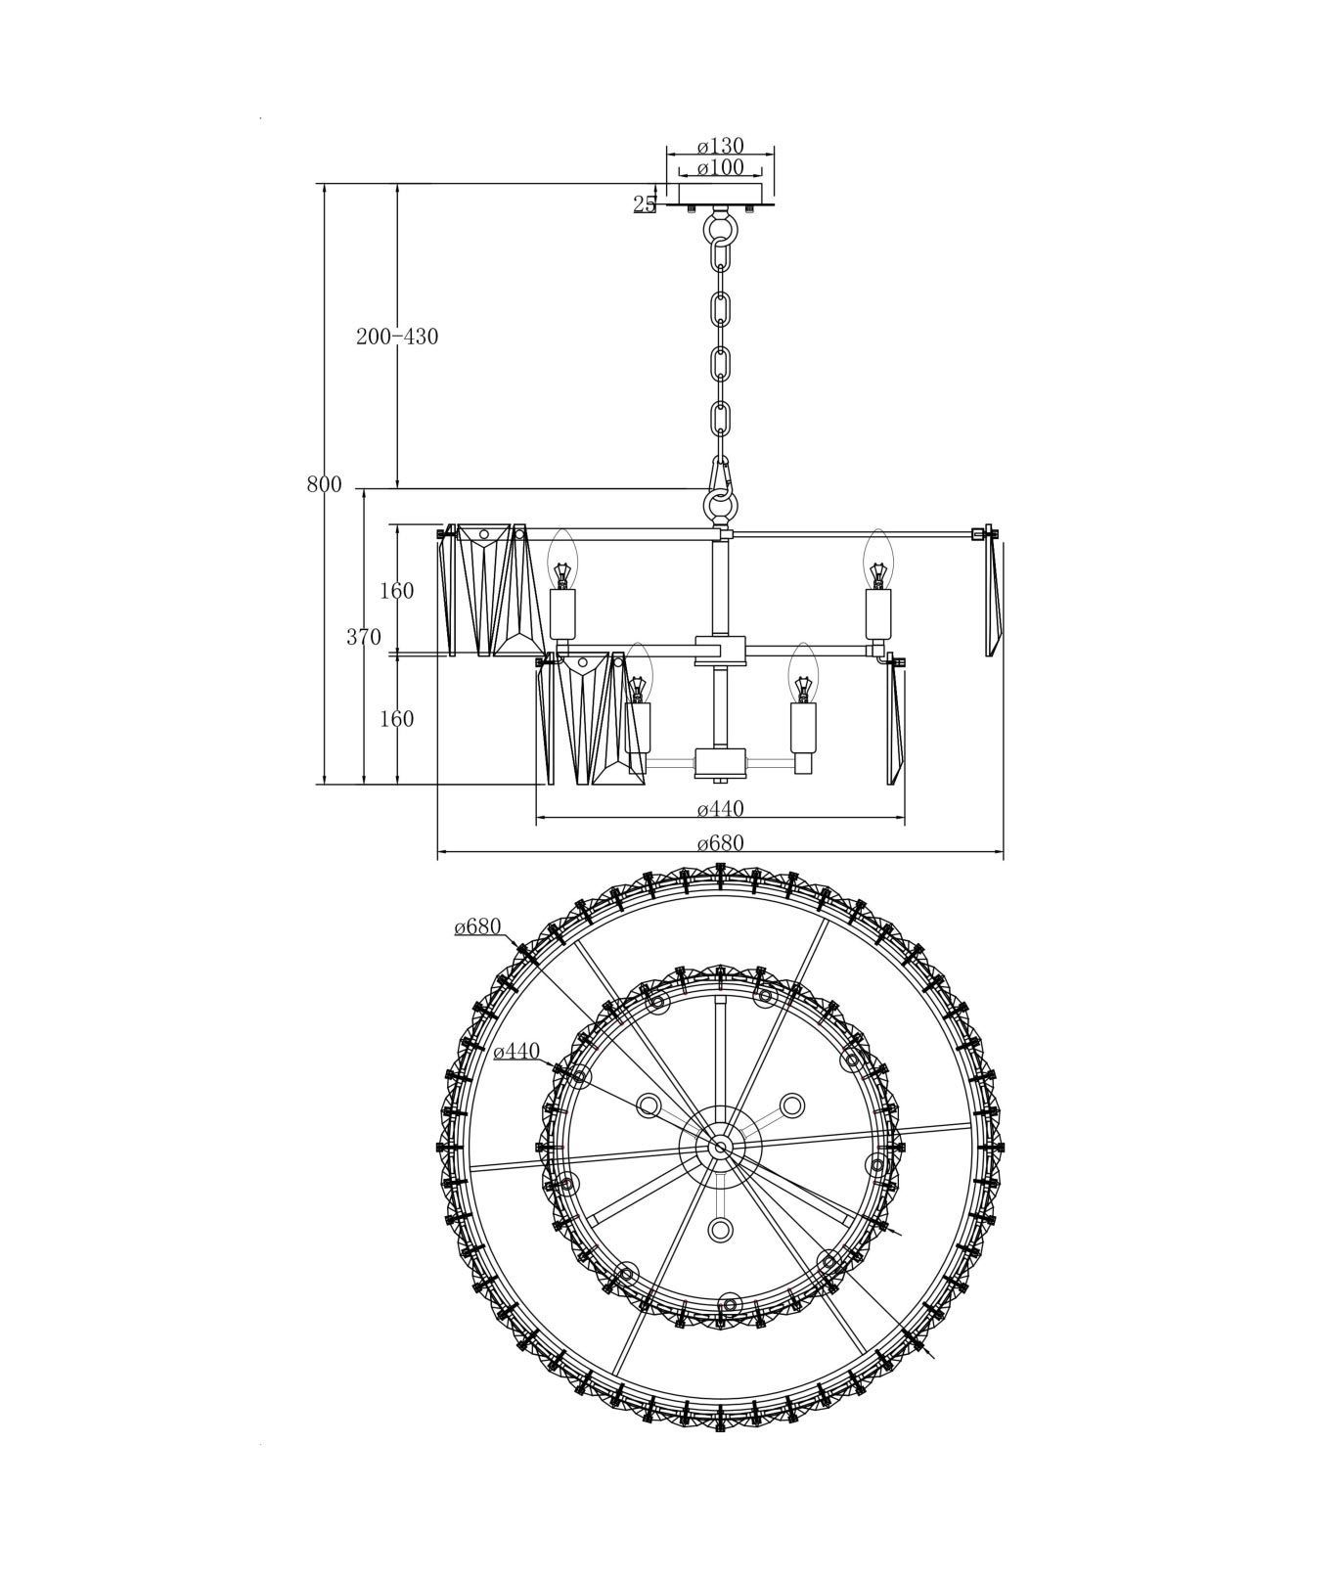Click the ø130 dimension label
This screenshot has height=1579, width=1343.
[x=721, y=147]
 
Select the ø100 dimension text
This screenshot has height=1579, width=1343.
[x=721, y=167]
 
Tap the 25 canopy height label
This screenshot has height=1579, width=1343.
[x=645, y=203]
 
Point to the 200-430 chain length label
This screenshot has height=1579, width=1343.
[x=397, y=337]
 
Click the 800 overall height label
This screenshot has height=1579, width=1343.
[x=324, y=485]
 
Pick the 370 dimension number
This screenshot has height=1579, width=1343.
[x=364, y=638]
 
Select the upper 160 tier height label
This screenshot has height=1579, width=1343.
[x=396, y=591]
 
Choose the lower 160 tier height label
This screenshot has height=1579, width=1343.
[x=396, y=719]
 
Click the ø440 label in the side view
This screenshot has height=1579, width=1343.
[x=721, y=809]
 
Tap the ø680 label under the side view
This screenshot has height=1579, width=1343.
[x=721, y=843]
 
